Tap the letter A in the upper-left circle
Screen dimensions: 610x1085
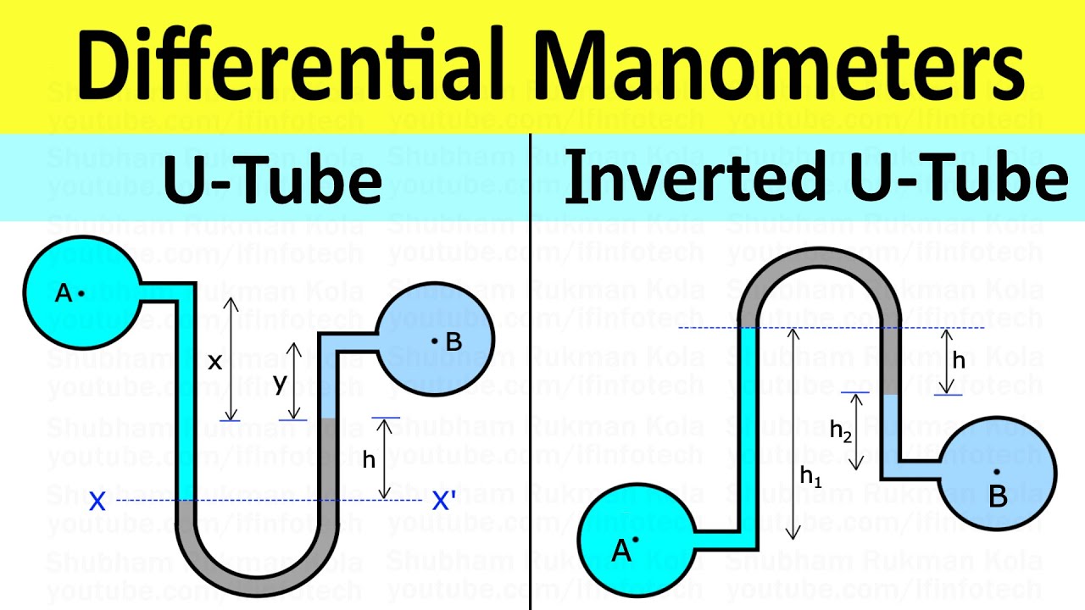(x=63, y=293)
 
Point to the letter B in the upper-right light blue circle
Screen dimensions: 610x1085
(x=453, y=341)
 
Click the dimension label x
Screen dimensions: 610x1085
(x=214, y=362)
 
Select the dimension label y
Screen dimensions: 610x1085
(x=280, y=382)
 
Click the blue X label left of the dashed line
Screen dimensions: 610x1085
(x=97, y=502)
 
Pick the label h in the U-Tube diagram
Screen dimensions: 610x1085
(x=369, y=460)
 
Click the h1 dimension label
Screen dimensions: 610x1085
(x=811, y=476)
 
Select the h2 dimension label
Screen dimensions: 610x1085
(x=841, y=432)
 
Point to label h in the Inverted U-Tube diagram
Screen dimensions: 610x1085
(x=959, y=360)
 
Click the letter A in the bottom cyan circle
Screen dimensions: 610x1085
(x=621, y=552)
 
